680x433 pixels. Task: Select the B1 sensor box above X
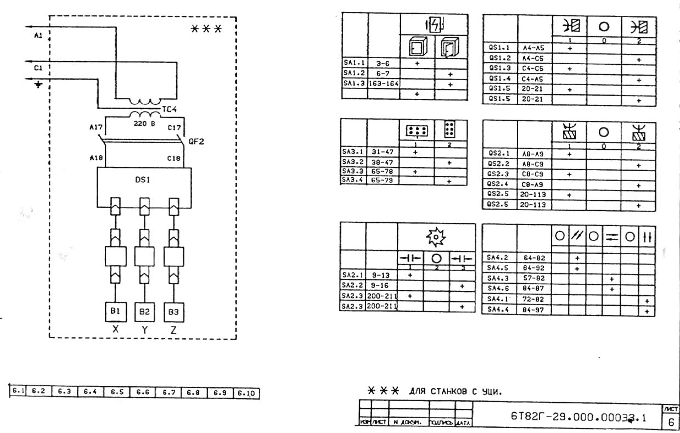pyautogui.click(x=115, y=312)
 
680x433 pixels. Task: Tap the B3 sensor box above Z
pyautogui.click(x=173, y=312)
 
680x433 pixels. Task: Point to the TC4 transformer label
pyautogui.click(x=170, y=109)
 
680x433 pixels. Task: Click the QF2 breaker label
pyautogui.click(x=196, y=141)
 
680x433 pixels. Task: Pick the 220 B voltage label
pyautogui.click(x=144, y=124)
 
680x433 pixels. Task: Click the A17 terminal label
pyautogui.click(x=96, y=128)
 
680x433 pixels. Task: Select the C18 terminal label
pyautogui.click(x=174, y=158)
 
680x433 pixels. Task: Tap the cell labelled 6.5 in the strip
pyautogui.click(x=116, y=392)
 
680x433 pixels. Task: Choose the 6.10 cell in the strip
pyautogui.click(x=246, y=393)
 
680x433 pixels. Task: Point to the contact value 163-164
pyautogui.click(x=384, y=83)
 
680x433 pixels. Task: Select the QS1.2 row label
pyautogui.click(x=499, y=58)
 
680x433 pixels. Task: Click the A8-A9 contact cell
pyautogui.click(x=533, y=154)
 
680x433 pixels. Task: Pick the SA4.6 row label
pyautogui.click(x=498, y=289)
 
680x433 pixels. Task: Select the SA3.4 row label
pyautogui.click(x=353, y=181)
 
